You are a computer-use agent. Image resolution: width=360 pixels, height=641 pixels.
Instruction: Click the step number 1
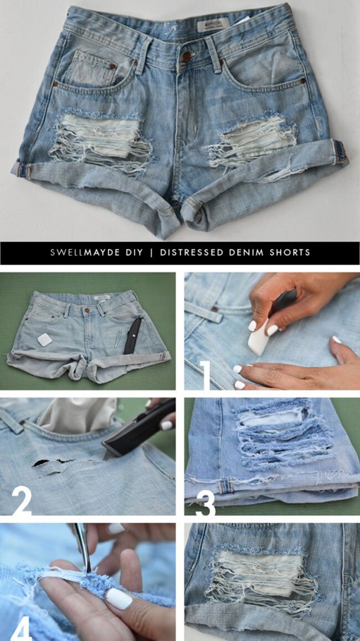(206, 375)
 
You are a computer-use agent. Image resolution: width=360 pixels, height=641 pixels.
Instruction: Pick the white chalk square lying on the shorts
(45, 339)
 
